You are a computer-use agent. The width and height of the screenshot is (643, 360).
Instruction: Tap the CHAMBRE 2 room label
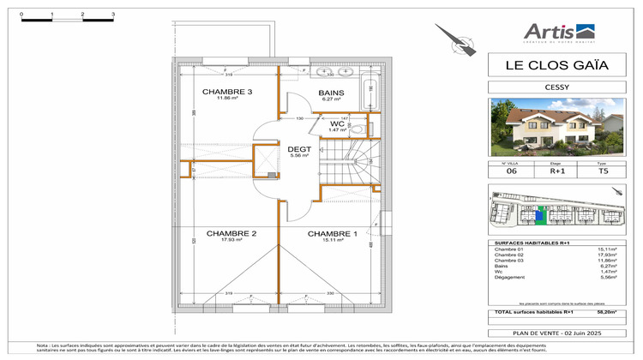(231, 233)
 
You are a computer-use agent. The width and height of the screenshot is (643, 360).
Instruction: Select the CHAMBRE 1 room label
(332, 233)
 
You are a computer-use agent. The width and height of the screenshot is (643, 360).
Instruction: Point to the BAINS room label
(331, 93)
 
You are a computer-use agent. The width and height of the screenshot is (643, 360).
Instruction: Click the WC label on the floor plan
(337, 123)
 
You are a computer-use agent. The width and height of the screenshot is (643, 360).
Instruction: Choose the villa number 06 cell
(511, 171)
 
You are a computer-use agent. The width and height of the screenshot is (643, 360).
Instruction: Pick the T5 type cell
(602, 171)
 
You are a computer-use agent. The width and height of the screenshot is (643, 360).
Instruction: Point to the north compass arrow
(454, 39)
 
